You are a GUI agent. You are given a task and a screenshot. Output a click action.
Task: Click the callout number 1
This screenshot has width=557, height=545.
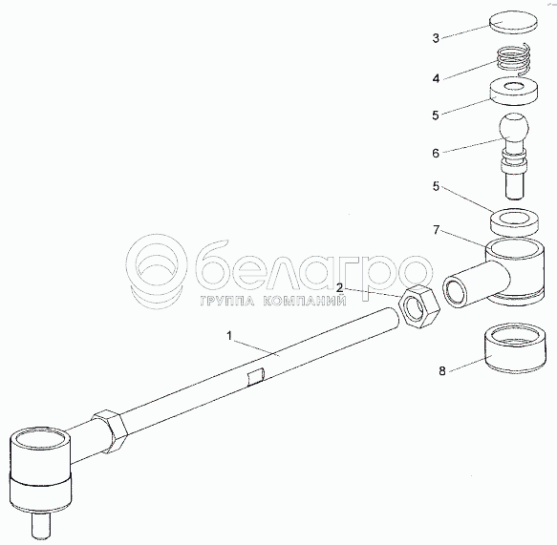pyautogui.click(x=229, y=336)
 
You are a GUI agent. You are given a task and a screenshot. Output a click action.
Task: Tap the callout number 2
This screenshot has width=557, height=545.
pyautogui.click(x=340, y=288)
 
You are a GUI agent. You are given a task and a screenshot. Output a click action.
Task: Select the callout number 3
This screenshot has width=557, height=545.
pyautogui.click(x=436, y=38)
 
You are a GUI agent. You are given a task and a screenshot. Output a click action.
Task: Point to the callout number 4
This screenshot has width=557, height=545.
pyautogui.click(x=436, y=78)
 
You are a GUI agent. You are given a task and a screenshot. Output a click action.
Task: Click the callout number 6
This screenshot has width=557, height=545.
pyautogui.click(x=436, y=153)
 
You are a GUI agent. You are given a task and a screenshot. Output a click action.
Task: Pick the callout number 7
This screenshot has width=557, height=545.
pyautogui.click(x=437, y=230)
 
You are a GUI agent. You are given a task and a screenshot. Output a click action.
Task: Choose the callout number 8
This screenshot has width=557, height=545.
pyautogui.click(x=442, y=371)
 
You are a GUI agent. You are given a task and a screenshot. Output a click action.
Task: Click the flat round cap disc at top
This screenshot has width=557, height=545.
pyautogui.click(x=513, y=22)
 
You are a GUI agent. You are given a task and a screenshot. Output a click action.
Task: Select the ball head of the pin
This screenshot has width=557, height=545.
pyautogui.click(x=514, y=127)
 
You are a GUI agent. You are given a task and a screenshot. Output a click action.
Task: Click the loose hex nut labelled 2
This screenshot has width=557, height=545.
pyautogui.click(x=419, y=305)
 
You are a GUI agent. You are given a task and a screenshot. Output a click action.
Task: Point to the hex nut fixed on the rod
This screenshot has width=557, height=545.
pyautogui.click(x=110, y=430)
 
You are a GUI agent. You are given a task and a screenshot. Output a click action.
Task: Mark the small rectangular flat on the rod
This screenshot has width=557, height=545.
pyautogui.click(x=256, y=376)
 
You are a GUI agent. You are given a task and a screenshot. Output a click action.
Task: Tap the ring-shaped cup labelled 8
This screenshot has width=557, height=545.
pyautogui.click(x=515, y=347)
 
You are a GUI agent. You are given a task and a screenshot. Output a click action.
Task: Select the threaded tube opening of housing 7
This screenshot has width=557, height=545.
pyautogui.click(x=456, y=292)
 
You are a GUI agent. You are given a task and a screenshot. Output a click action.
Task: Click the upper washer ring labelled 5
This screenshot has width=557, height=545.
pyautogui.click(x=513, y=92)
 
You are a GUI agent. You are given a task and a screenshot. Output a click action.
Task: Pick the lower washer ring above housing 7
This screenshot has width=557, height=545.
pyautogui.click(x=514, y=222)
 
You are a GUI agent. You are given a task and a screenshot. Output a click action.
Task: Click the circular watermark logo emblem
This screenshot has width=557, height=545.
pyautogui.click(x=157, y=271)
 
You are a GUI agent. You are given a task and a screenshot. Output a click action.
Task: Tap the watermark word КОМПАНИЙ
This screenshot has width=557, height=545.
pyautogui.click(x=305, y=302)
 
